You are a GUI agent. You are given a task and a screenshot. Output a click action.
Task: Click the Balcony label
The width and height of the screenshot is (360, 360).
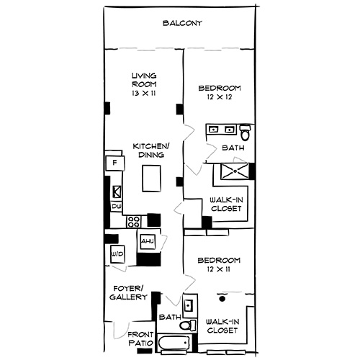click(181, 23)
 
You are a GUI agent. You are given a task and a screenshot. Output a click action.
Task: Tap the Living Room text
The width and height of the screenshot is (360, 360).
click(144, 80)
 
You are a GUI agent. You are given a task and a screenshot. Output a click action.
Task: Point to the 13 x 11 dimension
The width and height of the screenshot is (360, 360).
click(144, 93)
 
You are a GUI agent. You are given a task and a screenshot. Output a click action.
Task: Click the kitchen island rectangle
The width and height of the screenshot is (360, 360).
click(150, 178)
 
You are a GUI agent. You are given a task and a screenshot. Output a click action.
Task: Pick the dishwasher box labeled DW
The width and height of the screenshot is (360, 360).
click(116, 207)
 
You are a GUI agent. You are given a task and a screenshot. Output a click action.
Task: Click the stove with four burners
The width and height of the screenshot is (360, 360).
click(132, 222)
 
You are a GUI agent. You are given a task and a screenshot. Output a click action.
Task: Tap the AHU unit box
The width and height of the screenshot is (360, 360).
click(148, 240)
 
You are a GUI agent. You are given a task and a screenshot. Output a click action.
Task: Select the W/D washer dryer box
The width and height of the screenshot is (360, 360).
click(116, 255)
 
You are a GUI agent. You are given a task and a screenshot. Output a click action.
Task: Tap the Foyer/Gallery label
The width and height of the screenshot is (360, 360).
click(130, 292)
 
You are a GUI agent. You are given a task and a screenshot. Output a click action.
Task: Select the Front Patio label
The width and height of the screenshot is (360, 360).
click(140, 339)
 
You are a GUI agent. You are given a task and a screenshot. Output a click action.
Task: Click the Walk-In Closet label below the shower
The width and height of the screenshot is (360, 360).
click(225, 204)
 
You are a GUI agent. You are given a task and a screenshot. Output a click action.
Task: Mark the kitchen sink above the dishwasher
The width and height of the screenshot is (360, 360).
click(117, 192)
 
